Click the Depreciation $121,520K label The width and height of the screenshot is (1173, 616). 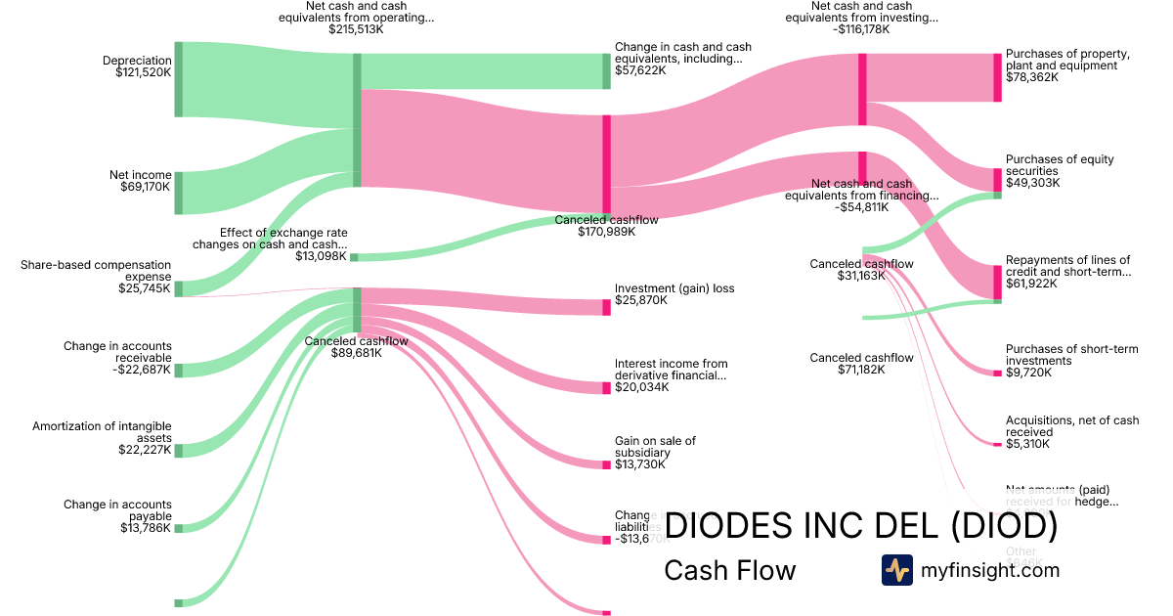(x=137, y=66)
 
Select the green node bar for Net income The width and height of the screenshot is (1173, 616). (x=179, y=193)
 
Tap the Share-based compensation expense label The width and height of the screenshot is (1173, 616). (x=96, y=276)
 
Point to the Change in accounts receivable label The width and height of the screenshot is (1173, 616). (x=117, y=357)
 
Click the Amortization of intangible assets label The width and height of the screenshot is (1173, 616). (x=102, y=438)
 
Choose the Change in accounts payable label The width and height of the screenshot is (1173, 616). (x=117, y=515)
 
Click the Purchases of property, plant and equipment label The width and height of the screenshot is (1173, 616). (x=1067, y=66)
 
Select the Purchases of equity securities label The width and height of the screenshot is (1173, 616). (x=1060, y=171)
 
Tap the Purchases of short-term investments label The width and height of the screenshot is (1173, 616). (x=1071, y=361)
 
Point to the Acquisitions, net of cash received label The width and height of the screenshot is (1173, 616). (x=1071, y=431)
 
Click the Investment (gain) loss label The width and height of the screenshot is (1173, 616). (x=673, y=294)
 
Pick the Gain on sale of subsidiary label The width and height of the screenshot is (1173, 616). (x=655, y=452)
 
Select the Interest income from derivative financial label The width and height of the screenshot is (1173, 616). (x=671, y=374)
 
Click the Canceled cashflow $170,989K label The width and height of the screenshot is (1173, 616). (x=606, y=226)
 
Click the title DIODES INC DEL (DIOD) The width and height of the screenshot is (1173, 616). (x=860, y=526)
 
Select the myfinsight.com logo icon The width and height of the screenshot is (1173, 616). (x=896, y=570)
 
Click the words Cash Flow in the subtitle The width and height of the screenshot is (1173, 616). (x=729, y=570)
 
